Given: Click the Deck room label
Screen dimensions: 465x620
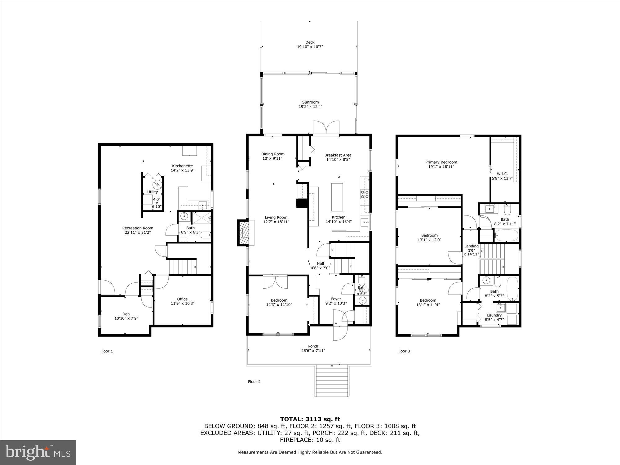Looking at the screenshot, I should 310,42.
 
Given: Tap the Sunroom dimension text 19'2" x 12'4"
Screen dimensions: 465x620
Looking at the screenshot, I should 310,107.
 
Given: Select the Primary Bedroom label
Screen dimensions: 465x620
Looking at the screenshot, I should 441,162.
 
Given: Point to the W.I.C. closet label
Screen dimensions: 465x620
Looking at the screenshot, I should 502,174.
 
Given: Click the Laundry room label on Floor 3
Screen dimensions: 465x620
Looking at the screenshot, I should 494,315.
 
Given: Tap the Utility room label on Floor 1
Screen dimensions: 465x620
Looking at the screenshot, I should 153,192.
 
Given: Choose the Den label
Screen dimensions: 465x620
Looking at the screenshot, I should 126,314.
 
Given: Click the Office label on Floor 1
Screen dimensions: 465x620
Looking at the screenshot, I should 182,299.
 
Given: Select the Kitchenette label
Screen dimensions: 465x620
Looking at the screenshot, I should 182,166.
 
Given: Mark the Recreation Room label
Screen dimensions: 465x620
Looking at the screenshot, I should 138,228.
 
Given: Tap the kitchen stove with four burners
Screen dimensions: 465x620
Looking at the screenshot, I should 364,194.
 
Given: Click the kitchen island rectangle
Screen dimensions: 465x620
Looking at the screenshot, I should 337,197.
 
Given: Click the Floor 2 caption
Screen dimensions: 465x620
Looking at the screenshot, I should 254,382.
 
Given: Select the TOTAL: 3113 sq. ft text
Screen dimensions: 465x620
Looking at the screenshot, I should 310,419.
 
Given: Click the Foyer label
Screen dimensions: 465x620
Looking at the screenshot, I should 336,299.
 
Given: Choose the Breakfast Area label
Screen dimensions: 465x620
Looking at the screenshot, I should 338,155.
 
